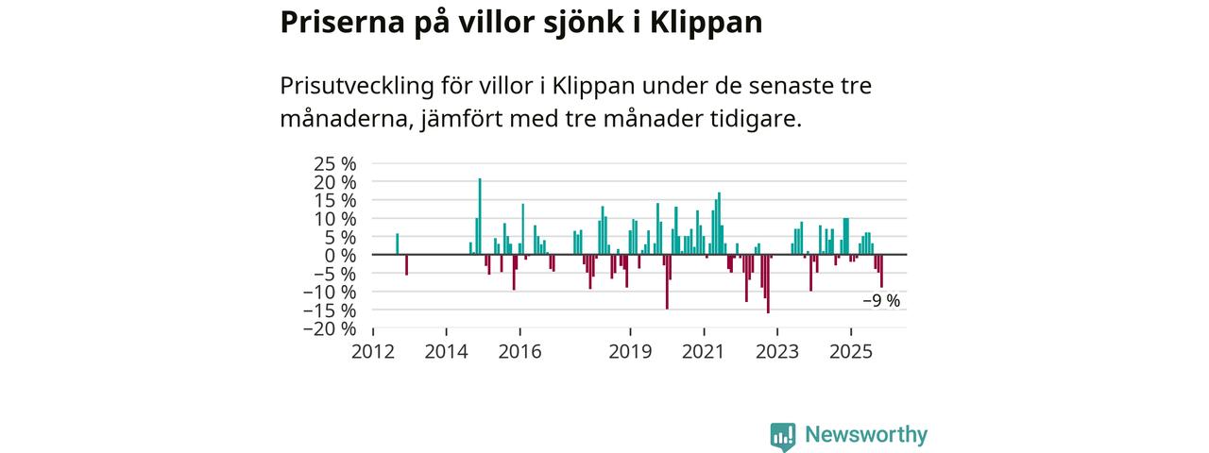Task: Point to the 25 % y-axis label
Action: tap(335, 163)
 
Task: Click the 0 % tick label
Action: tap(342, 255)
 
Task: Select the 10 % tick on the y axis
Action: tap(335, 218)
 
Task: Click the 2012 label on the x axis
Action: tap(373, 352)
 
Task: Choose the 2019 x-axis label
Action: tap(630, 352)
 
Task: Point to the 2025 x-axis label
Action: tap(850, 352)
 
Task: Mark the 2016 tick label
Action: tap(519, 352)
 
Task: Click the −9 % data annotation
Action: tap(881, 301)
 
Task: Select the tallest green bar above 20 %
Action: tap(480, 216)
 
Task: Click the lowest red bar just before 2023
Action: tap(768, 283)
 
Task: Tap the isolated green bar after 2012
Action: tap(397, 244)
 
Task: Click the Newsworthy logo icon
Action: tap(782, 435)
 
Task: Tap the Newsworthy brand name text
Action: tap(866, 435)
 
